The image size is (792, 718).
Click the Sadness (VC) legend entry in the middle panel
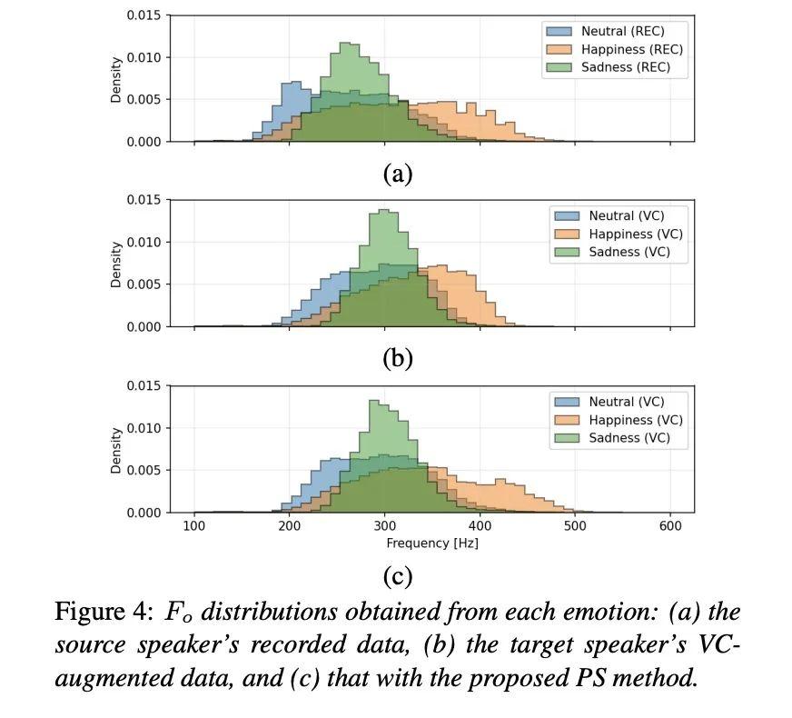click(629, 252)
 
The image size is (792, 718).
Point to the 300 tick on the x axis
click(384, 526)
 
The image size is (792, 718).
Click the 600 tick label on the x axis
click(670, 526)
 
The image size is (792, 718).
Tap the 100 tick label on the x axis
click(194, 526)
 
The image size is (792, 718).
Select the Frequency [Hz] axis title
click(432, 543)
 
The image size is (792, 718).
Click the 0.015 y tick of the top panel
click(145, 15)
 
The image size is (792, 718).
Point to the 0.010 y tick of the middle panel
click(145, 242)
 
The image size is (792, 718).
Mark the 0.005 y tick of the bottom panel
click(145, 471)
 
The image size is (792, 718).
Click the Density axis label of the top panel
click(116, 79)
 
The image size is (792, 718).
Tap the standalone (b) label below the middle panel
click(398, 359)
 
